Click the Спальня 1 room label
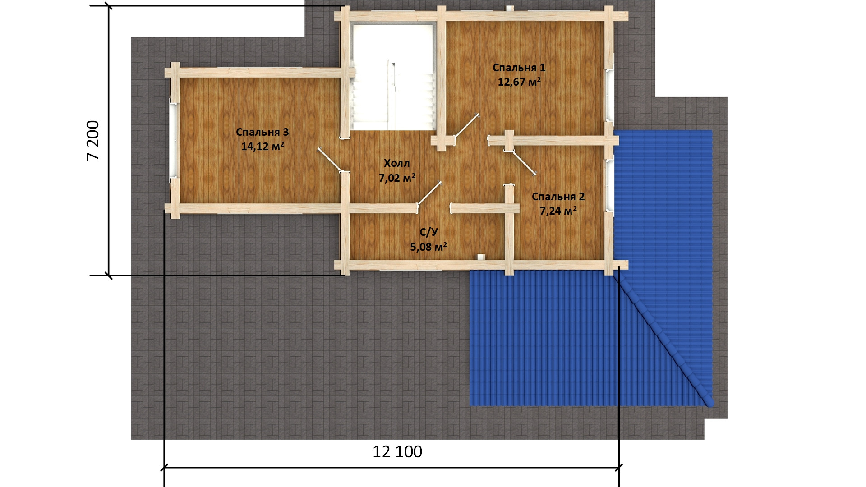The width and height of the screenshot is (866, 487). (519, 68)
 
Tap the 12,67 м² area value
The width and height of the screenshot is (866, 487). (519, 82)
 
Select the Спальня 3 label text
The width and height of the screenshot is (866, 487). (262, 132)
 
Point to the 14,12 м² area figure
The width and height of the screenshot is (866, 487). (263, 146)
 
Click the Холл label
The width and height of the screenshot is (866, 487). (397, 163)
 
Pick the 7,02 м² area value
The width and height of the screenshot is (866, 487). (397, 178)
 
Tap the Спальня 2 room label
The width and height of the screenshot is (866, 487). (558, 197)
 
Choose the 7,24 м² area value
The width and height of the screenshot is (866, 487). (558, 211)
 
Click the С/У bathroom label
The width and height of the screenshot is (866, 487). (428, 232)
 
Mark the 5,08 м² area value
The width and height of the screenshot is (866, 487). (428, 247)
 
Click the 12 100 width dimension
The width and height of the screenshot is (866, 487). (397, 451)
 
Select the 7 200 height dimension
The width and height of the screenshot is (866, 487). (93, 140)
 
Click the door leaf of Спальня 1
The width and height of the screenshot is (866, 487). (467, 125)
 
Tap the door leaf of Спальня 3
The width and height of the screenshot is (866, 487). (330, 160)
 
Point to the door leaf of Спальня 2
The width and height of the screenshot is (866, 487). (524, 163)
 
